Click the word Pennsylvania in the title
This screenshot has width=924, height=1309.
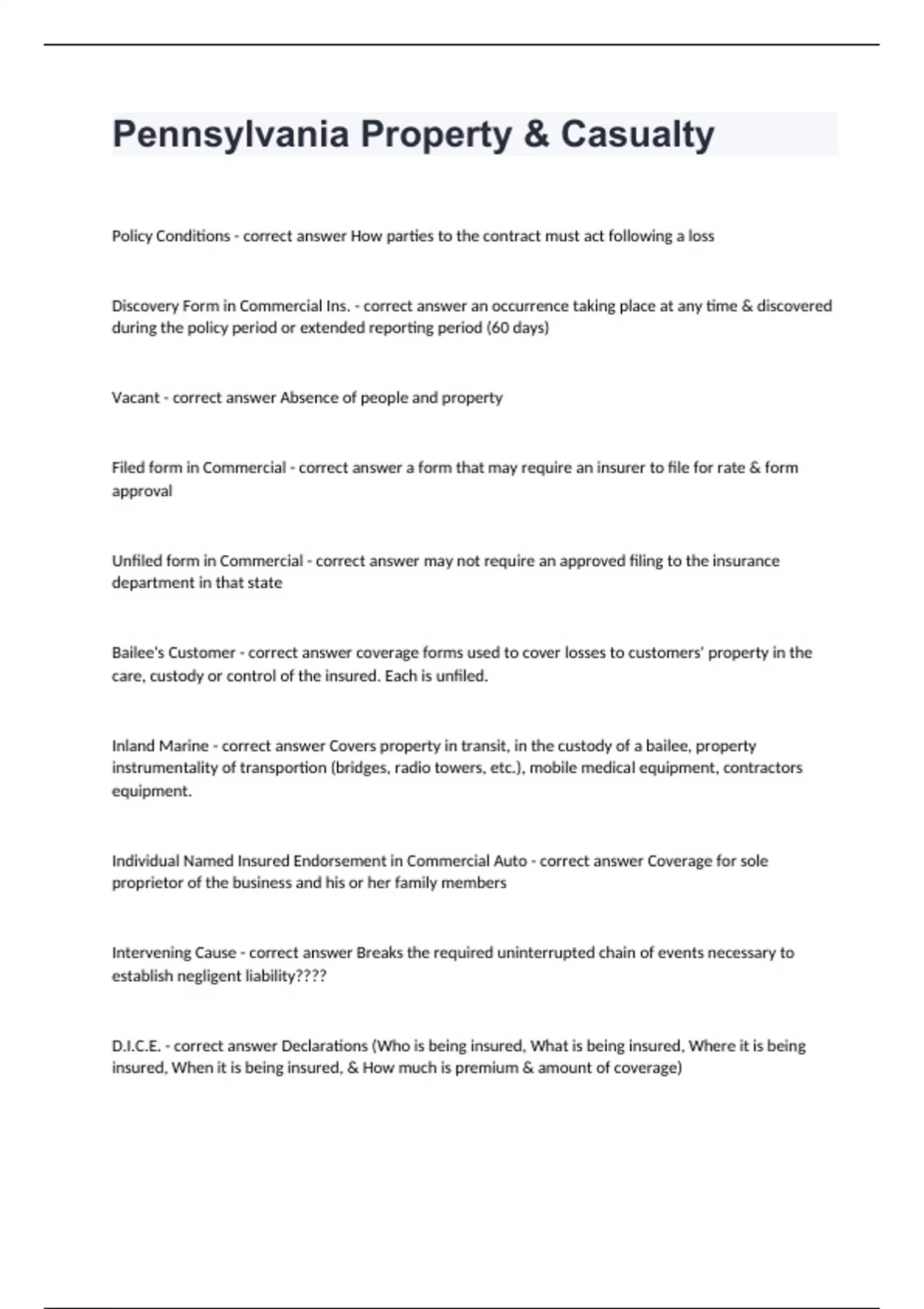[230, 134]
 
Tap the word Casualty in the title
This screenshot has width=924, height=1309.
[637, 134]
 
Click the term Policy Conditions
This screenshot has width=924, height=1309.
[171, 236]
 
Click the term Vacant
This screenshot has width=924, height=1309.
[135, 398]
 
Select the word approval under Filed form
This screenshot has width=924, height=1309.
[142, 491]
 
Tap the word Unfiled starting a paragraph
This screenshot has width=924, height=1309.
[132, 561]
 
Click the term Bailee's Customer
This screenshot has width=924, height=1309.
[173, 653]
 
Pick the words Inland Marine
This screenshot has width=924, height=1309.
[160, 745]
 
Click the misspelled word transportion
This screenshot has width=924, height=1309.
[283, 768]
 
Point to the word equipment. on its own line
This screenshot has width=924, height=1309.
[152, 792]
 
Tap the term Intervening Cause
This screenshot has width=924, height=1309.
[174, 953]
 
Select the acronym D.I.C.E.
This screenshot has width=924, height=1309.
[136, 1046]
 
